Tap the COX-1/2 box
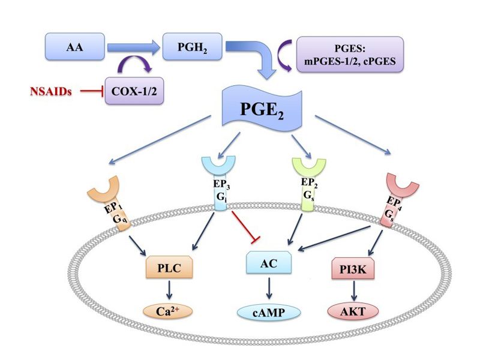point(135,92)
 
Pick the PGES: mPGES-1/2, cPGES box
point(350,55)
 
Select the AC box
point(268,263)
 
